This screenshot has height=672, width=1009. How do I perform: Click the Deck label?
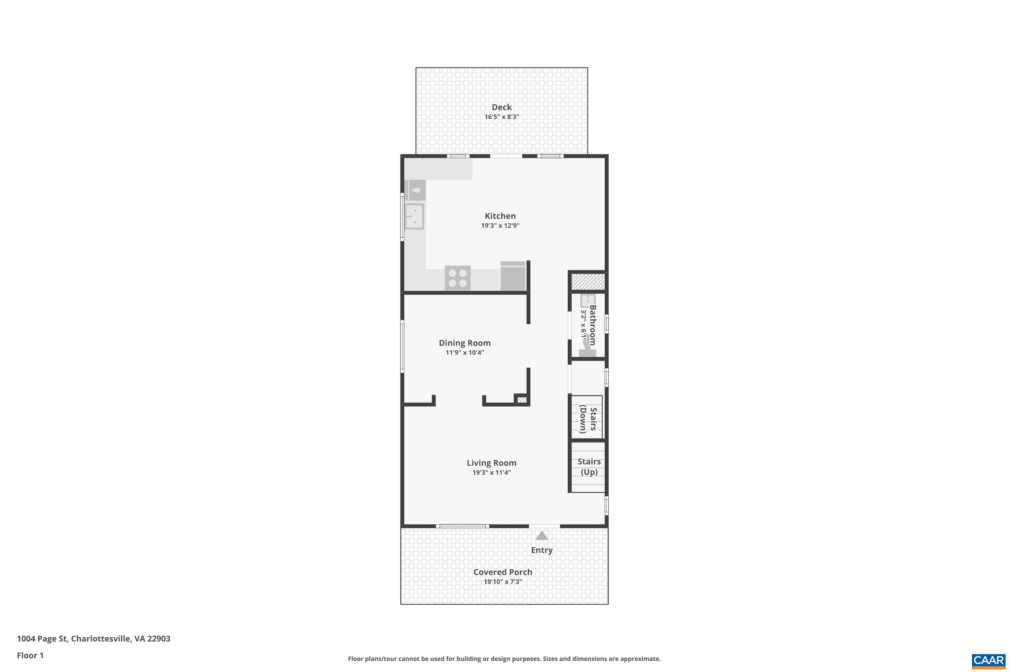[x=501, y=107]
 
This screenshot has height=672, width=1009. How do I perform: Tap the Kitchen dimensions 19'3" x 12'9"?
[x=500, y=225]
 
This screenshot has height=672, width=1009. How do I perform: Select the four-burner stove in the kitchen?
[x=457, y=278]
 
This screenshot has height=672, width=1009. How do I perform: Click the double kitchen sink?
[x=415, y=216]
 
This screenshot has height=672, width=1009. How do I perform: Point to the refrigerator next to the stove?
[x=513, y=277]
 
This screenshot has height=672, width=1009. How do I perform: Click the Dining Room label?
[x=464, y=343]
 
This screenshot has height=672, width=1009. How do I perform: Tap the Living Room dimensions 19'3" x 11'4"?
[x=492, y=472]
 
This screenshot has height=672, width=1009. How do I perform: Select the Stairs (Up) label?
[x=589, y=467]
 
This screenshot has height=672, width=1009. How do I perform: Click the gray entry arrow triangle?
[x=542, y=536]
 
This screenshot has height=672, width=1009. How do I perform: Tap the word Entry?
[x=542, y=550]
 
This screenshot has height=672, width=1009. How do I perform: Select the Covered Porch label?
[x=503, y=572]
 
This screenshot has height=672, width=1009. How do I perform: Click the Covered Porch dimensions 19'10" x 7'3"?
[x=503, y=582]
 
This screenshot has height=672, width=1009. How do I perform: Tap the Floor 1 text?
[x=30, y=655]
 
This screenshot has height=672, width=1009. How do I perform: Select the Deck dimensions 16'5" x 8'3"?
[x=501, y=117]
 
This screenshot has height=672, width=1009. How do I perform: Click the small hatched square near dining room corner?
[x=522, y=400]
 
